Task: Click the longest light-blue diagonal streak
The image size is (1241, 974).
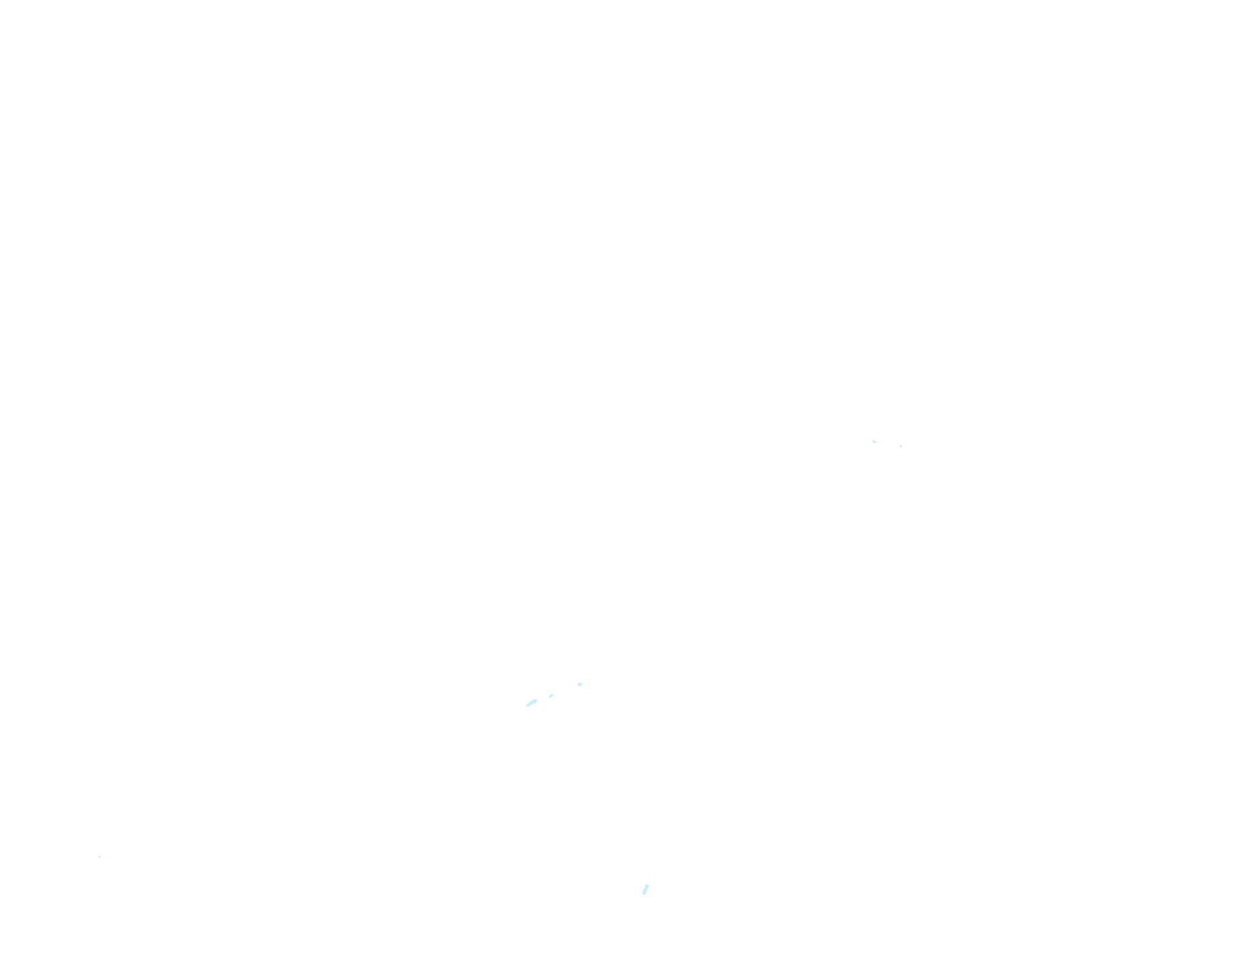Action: tap(531, 703)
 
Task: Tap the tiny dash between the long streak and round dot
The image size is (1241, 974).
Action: tap(551, 696)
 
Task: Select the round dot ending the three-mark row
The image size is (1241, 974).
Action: tap(580, 684)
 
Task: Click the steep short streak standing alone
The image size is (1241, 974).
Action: tap(645, 889)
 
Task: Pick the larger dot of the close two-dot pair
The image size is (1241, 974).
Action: tap(874, 442)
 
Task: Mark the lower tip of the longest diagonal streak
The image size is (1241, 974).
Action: tap(526, 706)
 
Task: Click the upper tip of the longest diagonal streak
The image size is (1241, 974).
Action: tap(537, 700)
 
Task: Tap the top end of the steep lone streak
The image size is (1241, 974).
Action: tap(648, 885)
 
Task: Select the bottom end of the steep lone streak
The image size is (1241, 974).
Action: tap(643, 894)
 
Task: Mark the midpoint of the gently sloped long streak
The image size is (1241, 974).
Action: tap(531, 703)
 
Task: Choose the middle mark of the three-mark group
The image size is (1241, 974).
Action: tap(551, 696)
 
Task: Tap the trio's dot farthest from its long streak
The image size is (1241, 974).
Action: tap(580, 684)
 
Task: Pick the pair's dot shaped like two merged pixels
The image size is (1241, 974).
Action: tap(874, 442)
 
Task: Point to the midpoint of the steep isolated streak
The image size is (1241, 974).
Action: tap(645, 889)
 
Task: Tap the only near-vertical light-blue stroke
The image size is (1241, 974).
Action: tap(645, 889)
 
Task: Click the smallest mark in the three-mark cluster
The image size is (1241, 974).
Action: tap(551, 696)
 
